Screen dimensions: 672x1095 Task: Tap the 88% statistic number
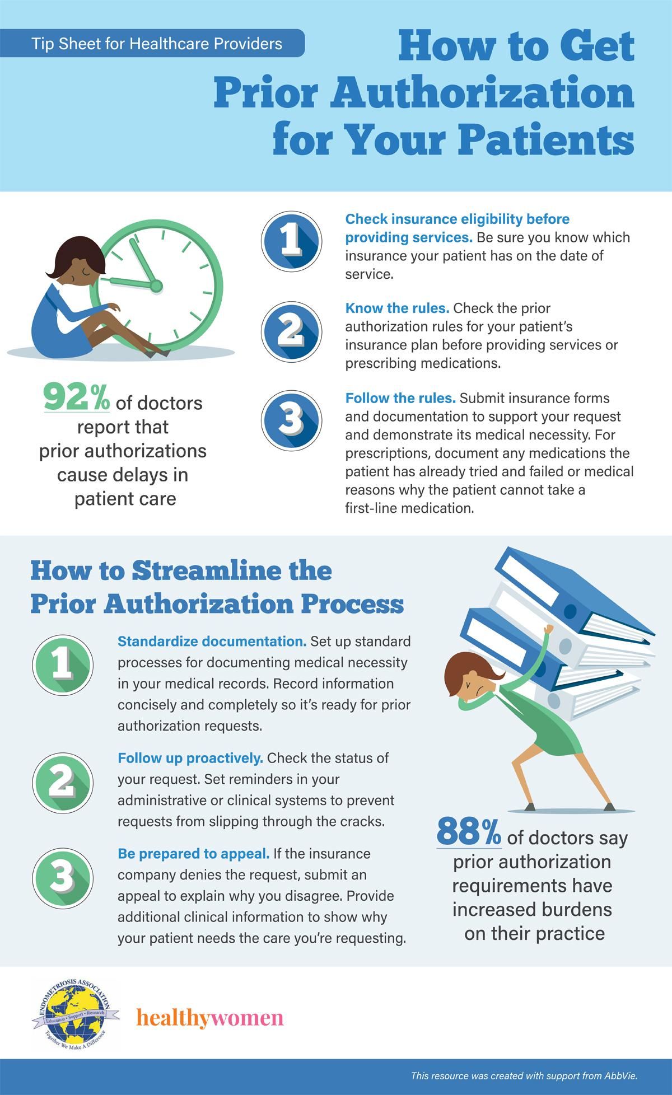coord(469,832)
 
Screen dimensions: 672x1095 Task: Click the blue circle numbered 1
coord(291,240)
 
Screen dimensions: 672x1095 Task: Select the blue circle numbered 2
coord(291,330)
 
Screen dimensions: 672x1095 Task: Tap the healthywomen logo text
coord(210,1017)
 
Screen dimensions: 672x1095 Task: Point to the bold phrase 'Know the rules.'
coord(398,308)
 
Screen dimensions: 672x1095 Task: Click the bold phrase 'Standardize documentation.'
coord(212,641)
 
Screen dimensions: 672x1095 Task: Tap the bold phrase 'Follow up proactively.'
coord(190,758)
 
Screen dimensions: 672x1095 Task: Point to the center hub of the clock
coord(156,286)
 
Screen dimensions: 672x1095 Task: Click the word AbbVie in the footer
coord(622,1075)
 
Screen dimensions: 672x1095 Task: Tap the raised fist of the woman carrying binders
coord(549,629)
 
